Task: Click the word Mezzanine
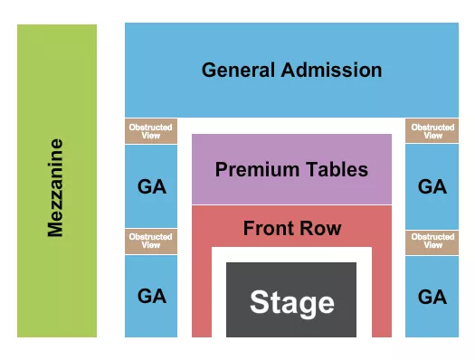[x=56, y=187]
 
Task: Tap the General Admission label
[x=291, y=70]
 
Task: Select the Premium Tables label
[x=291, y=169]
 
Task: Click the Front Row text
[x=291, y=228]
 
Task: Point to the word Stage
[x=291, y=302]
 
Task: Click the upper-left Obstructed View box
[x=151, y=131]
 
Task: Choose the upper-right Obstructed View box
[x=432, y=131]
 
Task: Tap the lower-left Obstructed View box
[x=151, y=242]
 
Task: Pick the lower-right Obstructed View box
[x=432, y=242]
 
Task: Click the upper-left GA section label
[x=151, y=186]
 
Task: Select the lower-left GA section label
[x=151, y=296]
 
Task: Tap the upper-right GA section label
[x=432, y=186]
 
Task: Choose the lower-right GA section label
[x=432, y=296]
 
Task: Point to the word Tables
[x=336, y=169]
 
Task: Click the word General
[x=237, y=70]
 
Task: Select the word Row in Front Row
[x=323, y=228]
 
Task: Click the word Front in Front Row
[x=271, y=228]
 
